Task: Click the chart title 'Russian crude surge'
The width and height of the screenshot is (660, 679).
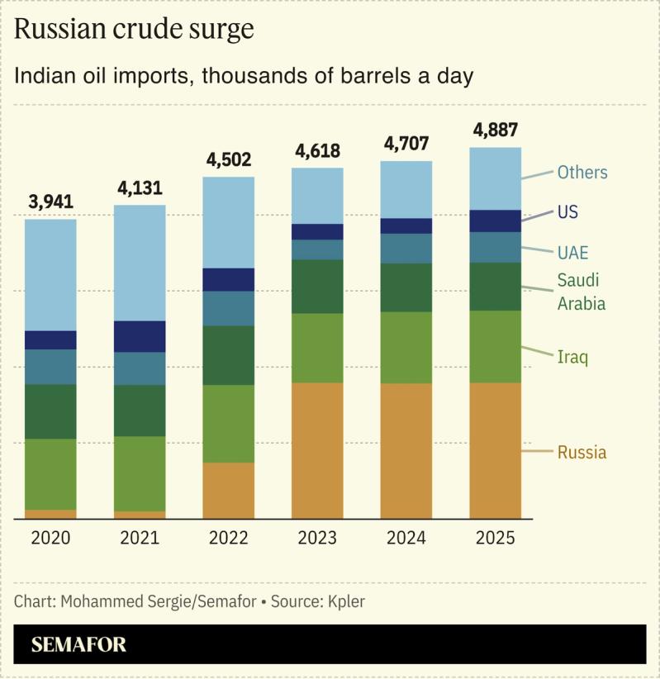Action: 134,30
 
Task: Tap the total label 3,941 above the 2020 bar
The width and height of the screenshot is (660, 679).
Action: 50,202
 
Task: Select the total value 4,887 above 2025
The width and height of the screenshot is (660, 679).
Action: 495,131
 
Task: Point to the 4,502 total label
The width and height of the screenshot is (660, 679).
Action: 229,159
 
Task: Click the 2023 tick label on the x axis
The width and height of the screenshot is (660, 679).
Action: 317,538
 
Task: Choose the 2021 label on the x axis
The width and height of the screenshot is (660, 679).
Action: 140,538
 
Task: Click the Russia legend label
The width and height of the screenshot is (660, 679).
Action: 582,453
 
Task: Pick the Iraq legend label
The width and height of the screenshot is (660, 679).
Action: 572,357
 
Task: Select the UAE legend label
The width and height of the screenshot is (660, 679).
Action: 572,253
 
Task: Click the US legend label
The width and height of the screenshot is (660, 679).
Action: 567,212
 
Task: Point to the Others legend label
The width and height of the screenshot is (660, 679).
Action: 582,173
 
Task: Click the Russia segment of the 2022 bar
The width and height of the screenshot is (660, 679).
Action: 229,491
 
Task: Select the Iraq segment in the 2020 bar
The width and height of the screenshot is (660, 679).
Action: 50,474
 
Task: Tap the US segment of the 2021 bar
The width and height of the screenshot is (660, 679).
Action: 140,336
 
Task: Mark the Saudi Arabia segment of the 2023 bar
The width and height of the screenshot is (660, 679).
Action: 317,287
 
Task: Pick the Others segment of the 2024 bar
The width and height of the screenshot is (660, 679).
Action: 406,189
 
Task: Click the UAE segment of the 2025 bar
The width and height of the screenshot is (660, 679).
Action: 495,247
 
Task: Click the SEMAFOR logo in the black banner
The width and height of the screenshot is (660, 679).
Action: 79,645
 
